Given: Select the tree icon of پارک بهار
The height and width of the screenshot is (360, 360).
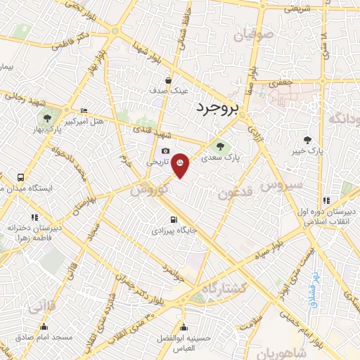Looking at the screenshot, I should [48, 118].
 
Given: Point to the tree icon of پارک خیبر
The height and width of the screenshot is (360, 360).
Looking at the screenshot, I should [307, 139].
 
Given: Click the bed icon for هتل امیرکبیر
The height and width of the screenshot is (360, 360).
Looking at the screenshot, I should [84, 110].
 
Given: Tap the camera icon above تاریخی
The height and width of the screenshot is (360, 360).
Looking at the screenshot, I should [165, 150].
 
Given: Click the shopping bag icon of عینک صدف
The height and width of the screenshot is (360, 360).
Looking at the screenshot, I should [169, 80].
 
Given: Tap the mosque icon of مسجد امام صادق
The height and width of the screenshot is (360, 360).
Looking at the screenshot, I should [45, 326].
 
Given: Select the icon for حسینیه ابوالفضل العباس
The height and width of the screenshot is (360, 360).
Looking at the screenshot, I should [184, 326].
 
